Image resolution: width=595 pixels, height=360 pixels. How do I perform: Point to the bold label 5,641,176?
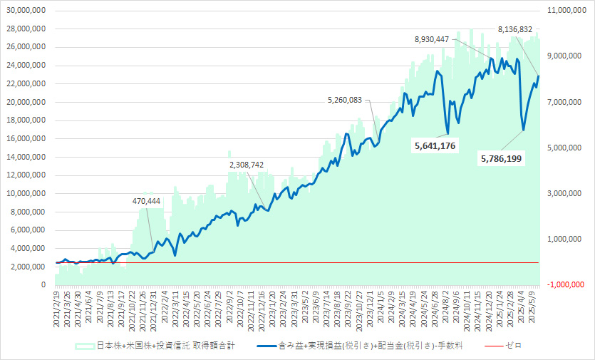[435, 145]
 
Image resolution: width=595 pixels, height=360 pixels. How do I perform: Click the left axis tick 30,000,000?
[25, 11]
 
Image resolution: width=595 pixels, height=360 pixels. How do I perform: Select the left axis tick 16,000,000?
[25, 138]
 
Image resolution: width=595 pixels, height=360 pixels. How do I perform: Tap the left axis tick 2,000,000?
[28, 267]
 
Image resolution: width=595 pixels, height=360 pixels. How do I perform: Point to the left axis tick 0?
[43, 285]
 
